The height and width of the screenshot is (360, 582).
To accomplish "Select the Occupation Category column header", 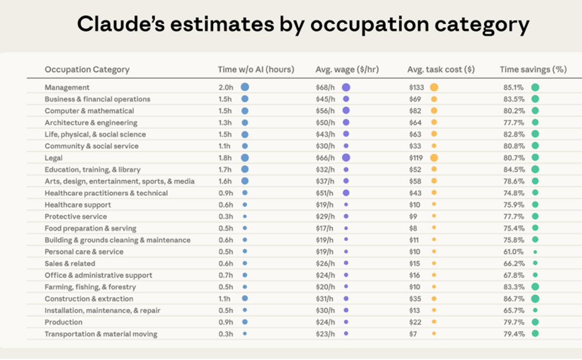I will [87, 70].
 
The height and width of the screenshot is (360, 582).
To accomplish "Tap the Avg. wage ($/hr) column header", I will [347, 70].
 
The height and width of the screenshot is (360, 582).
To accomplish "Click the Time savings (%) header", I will [533, 70].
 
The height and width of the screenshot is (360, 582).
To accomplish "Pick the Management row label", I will [67, 87].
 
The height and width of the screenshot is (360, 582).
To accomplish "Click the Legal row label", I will [54, 158].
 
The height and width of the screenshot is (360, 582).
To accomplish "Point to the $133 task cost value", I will [417, 87].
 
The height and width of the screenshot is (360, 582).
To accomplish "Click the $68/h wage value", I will [325, 87].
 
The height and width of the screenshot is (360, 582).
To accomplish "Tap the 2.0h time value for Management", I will [225, 87].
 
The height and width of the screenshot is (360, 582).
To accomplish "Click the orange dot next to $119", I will [434, 158].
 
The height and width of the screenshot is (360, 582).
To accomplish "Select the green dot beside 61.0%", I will [535, 252].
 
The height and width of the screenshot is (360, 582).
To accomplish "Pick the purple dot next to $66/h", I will [346, 158].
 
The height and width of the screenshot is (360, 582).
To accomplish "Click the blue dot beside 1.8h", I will [245, 158].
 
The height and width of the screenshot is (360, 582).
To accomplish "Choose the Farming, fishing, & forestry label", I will [90, 287].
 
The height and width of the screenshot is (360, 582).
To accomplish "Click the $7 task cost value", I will [413, 334].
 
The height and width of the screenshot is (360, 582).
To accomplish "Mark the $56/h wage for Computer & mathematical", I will [325, 111].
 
